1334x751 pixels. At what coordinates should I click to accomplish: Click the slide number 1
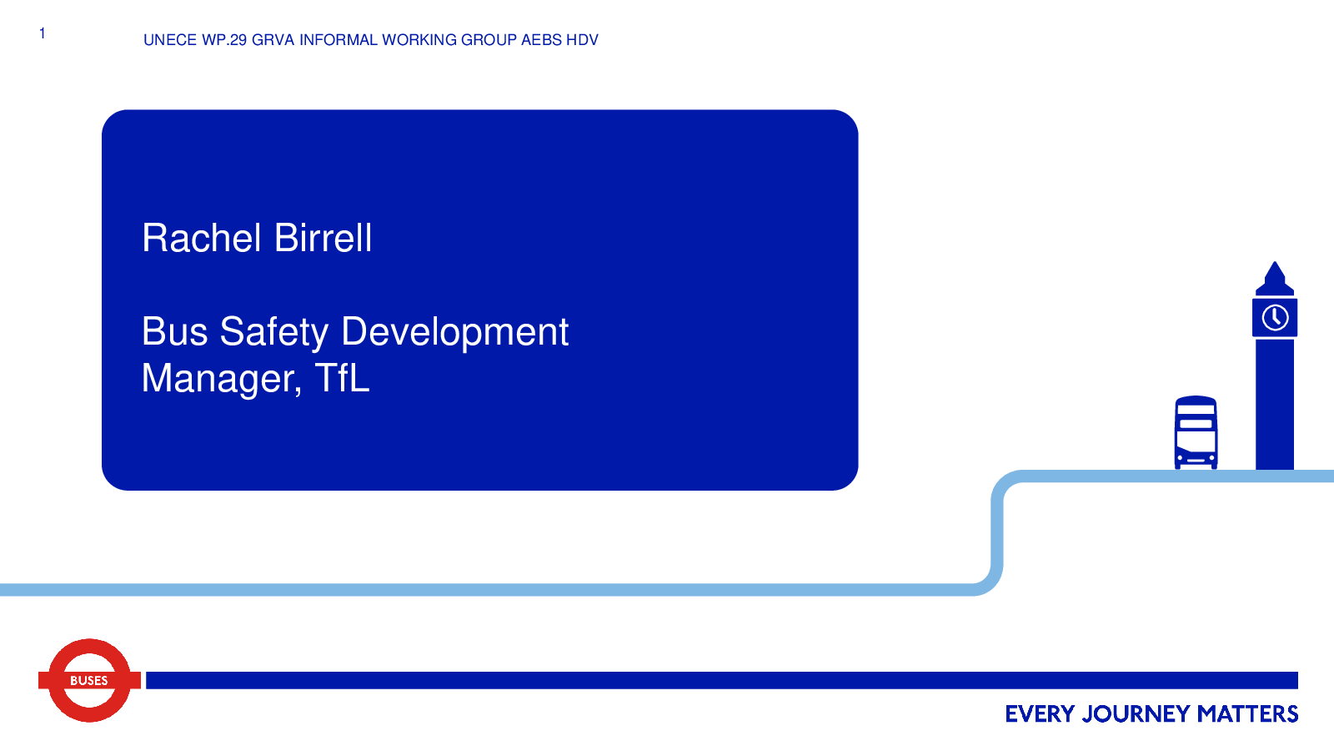43,33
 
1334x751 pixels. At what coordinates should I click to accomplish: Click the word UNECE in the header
170,40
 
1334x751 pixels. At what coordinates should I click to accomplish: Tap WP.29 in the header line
224,40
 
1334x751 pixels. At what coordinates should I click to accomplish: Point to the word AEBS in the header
541,40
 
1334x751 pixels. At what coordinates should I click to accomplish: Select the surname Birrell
323,238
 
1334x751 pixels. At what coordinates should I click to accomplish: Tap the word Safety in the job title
274,333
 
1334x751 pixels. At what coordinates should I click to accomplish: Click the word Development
455,333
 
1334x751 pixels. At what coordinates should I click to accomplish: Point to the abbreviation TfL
342,378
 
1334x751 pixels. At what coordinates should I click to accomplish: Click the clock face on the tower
1275,318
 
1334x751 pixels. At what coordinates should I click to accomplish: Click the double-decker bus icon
1196,433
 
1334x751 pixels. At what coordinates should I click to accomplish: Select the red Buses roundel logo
89,680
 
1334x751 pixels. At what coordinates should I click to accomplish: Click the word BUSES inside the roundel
89,681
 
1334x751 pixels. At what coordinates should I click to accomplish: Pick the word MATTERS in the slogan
1247,714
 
